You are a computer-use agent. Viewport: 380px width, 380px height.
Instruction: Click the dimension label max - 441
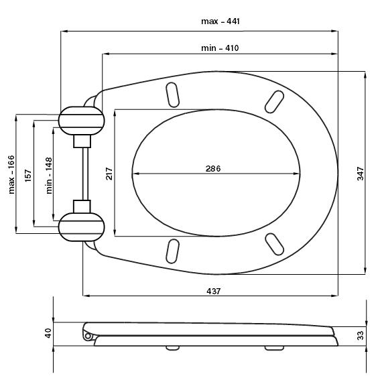pos(220,21)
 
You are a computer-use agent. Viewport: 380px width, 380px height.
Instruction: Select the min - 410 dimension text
pos(220,48)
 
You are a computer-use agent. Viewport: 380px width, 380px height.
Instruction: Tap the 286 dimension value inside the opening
pos(213,168)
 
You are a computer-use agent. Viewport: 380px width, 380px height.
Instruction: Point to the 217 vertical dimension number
pos(109,174)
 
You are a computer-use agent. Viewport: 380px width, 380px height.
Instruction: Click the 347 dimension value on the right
pos(361,174)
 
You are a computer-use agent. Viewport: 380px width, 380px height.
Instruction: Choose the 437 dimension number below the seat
pos(214,291)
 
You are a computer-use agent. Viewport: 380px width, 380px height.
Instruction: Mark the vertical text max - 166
pos(11,174)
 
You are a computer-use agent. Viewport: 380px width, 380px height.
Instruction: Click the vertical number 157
pos(28,176)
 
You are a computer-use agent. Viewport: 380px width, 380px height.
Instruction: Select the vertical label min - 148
pos(49,176)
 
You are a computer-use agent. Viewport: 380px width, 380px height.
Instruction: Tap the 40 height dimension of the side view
pos(48,333)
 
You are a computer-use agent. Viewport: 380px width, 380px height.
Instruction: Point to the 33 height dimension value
pos(361,335)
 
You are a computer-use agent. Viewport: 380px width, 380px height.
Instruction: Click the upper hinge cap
pos(82,121)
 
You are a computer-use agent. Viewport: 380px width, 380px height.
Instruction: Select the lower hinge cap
pos(82,227)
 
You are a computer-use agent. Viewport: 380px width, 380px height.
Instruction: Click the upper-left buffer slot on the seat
pos(172,94)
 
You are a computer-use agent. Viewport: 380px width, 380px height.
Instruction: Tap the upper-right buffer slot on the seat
pos(274,102)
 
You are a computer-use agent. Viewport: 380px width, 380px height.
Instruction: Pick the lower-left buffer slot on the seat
pos(172,251)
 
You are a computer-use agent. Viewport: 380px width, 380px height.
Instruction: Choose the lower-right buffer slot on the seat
pos(274,244)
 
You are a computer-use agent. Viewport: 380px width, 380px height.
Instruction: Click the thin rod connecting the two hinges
pos(85,174)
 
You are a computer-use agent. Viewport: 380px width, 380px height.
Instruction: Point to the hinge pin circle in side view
pos(88,336)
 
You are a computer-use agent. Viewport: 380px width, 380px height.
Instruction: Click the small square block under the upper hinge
pos(82,141)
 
